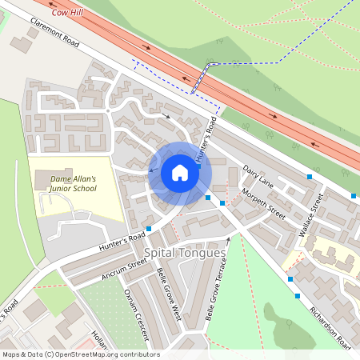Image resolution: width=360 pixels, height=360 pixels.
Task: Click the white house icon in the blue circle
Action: (x=179, y=173)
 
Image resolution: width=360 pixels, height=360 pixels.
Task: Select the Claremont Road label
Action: (x=53, y=34)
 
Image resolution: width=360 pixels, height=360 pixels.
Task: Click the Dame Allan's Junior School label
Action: (x=74, y=183)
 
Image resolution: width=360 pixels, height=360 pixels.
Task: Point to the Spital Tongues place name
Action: (x=185, y=252)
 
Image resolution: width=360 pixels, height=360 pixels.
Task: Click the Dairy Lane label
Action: (x=257, y=176)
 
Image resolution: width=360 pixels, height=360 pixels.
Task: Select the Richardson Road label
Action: (x=330, y=328)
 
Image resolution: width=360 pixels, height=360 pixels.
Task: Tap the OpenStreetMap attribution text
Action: (x=80, y=354)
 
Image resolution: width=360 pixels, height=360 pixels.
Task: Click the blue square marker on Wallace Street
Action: (x=310, y=176)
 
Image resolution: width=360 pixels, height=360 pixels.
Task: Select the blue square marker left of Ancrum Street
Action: (x=149, y=228)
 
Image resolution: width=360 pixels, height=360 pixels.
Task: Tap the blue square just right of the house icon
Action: (x=208, y=197)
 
